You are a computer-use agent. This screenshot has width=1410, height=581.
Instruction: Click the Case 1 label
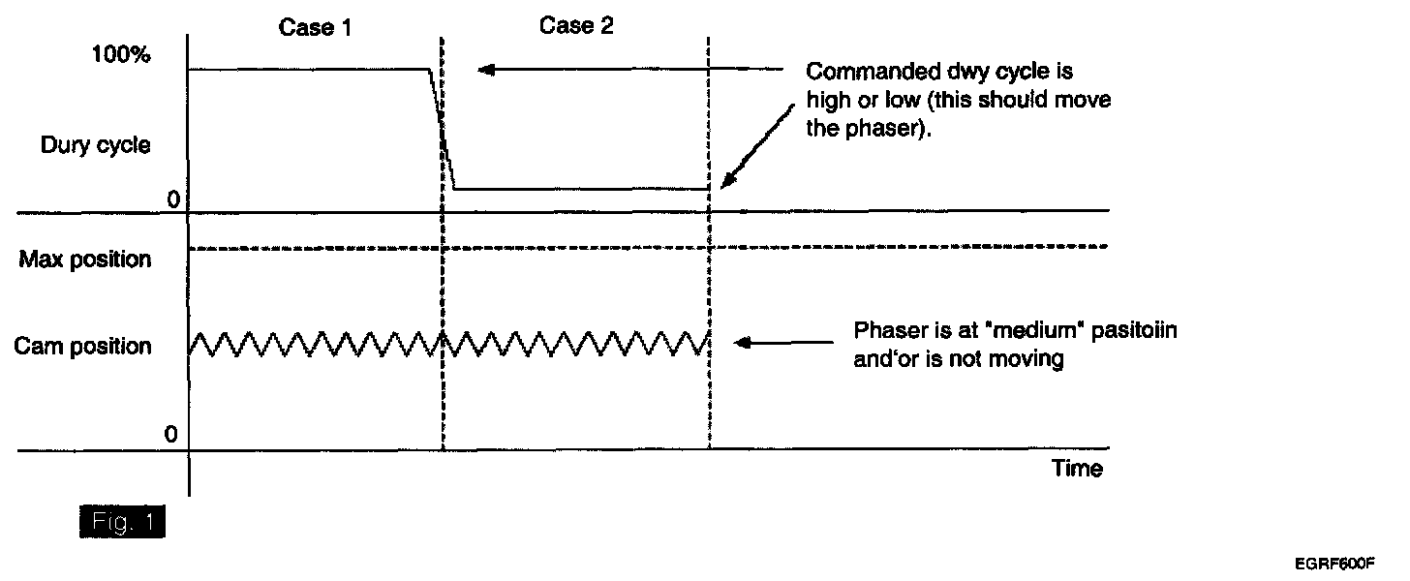click(x=315, y=28)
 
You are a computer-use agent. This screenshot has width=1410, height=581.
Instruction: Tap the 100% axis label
click(x=120, y=55)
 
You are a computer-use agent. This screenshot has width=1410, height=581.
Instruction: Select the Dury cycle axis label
click(x=95, y=146)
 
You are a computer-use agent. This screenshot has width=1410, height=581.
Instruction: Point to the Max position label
click(x=84, y=260)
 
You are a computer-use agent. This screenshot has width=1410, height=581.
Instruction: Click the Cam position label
click(x=83, y=347)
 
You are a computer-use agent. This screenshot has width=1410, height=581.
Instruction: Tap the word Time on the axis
click(x=1077, y=470)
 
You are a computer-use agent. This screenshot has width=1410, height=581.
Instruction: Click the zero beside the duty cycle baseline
click(x=174, y=200)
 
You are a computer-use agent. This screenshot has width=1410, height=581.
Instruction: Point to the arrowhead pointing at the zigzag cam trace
click(x=741, y=342)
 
